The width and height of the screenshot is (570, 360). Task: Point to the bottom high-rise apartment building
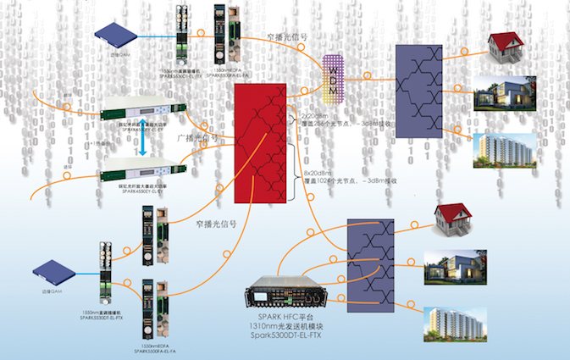(x=451, y=327)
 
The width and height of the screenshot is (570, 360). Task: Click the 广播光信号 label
(x=196, y=136)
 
